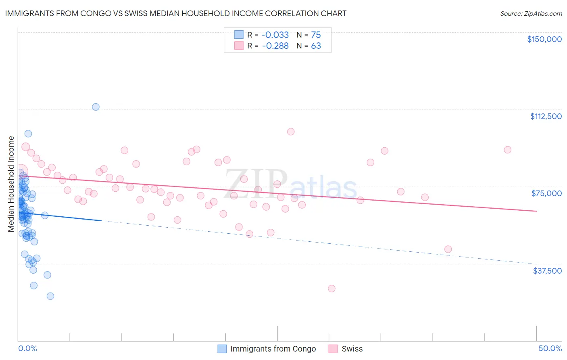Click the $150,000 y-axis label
[x=544, y=39]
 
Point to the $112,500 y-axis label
[x=546, y=116]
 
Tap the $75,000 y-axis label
[x=546, y=193]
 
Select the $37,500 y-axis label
[x=547, y=271]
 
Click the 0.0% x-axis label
[x=27, y=348]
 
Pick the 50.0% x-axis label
[x=550, y=348]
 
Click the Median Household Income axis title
[x=11, y=184]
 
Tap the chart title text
[x=176, y=13]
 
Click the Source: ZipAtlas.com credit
[x=531, y=13]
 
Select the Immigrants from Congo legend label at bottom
[x=273, y=349]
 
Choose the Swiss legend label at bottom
[x=352, y=349]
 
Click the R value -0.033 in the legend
[x=275, y=35]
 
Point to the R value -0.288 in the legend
[x=275, y=46]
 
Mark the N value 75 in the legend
[x=316, y=35]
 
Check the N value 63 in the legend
[x=316, y=46]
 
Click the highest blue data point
[x=96, y=107]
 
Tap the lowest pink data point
[x=331, y=289]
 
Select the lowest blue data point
[x=50, y=296]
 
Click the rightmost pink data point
[x=507, y=150]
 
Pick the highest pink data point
[x=291, y=132]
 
